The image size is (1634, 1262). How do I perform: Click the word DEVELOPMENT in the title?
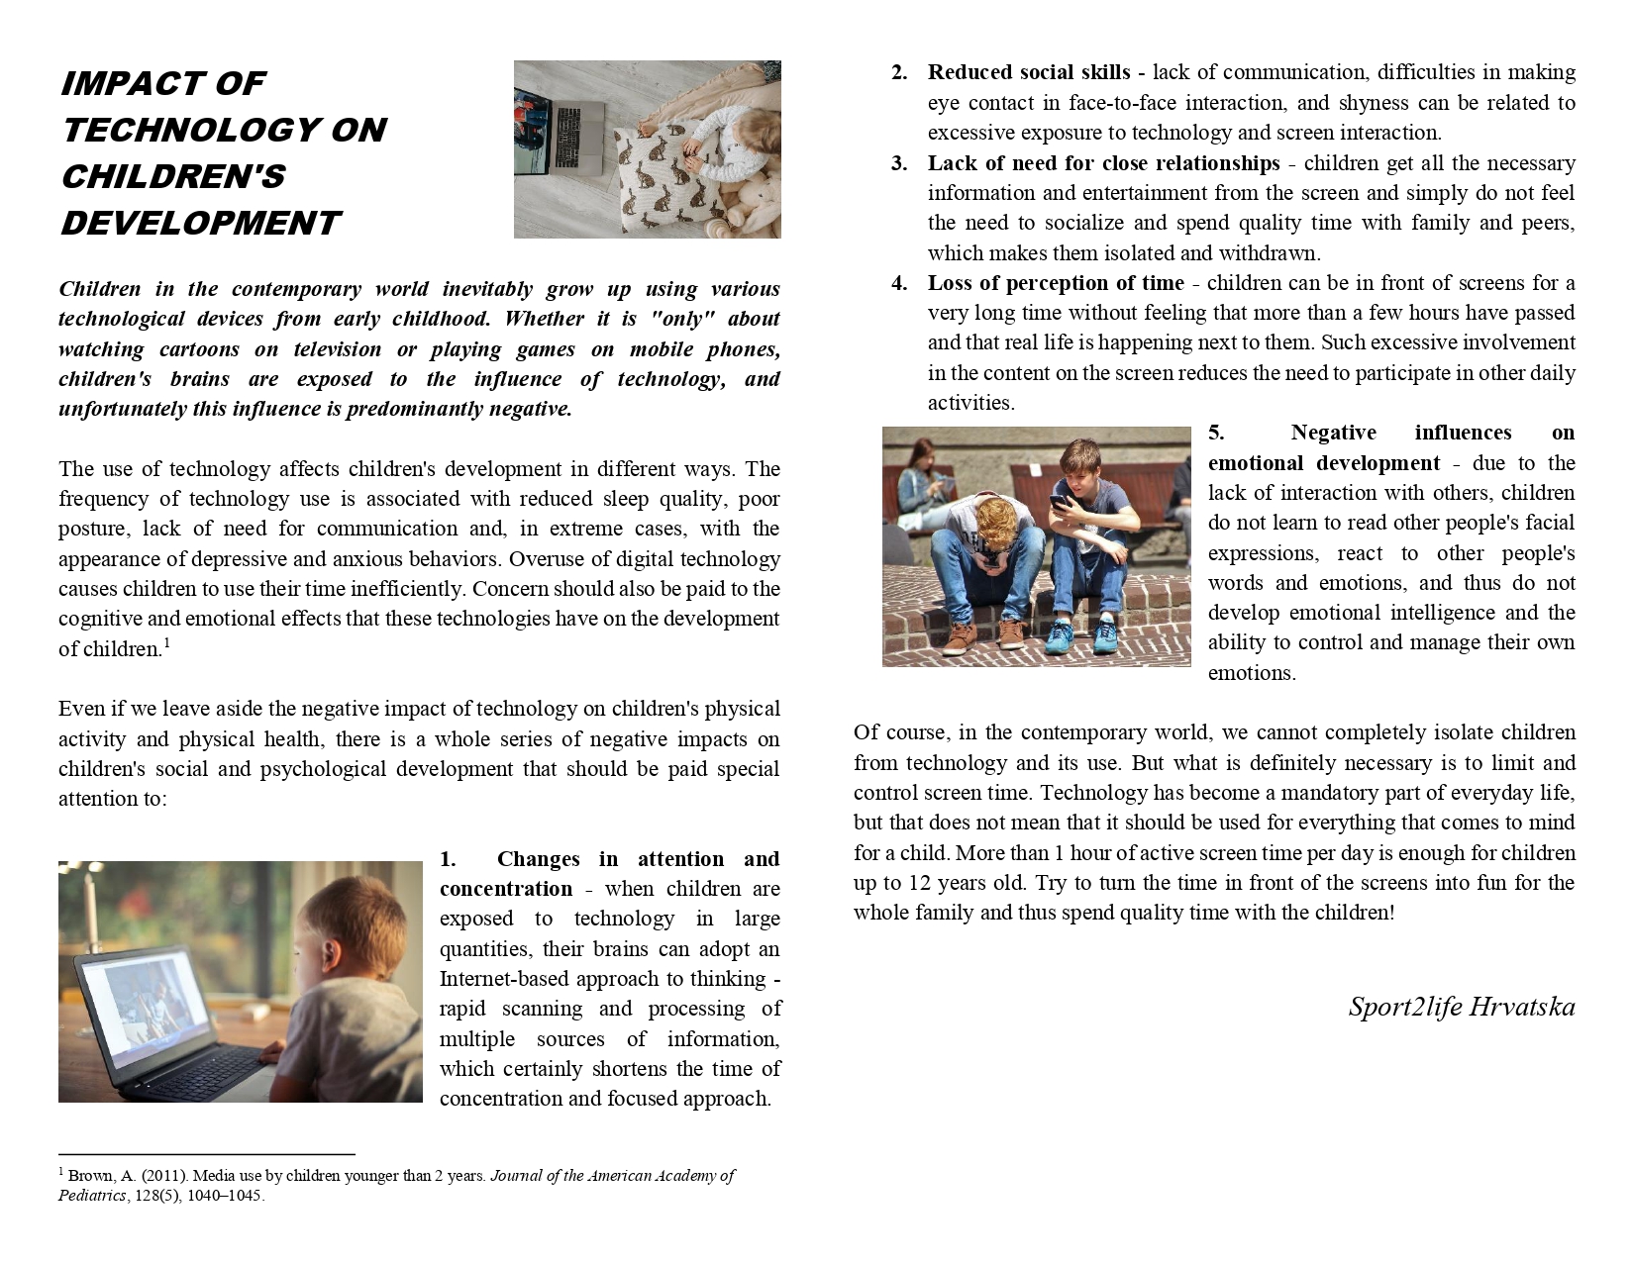tap(200, 223)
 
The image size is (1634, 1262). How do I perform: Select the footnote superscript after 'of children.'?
tap(167, 643)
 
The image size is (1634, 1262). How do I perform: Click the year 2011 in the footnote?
tap(165, 1176)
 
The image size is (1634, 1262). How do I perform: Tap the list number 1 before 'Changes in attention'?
tap(448, 859)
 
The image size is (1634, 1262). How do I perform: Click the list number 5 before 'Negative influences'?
tap(1216, 433)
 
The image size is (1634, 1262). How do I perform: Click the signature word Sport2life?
tap(1403, 1007)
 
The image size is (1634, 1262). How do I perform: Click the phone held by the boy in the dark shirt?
tap(1060, 501)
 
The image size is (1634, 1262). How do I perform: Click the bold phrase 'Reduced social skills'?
tap(1028, 72)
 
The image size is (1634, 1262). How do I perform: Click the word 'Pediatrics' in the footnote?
tap(92, 1195)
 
